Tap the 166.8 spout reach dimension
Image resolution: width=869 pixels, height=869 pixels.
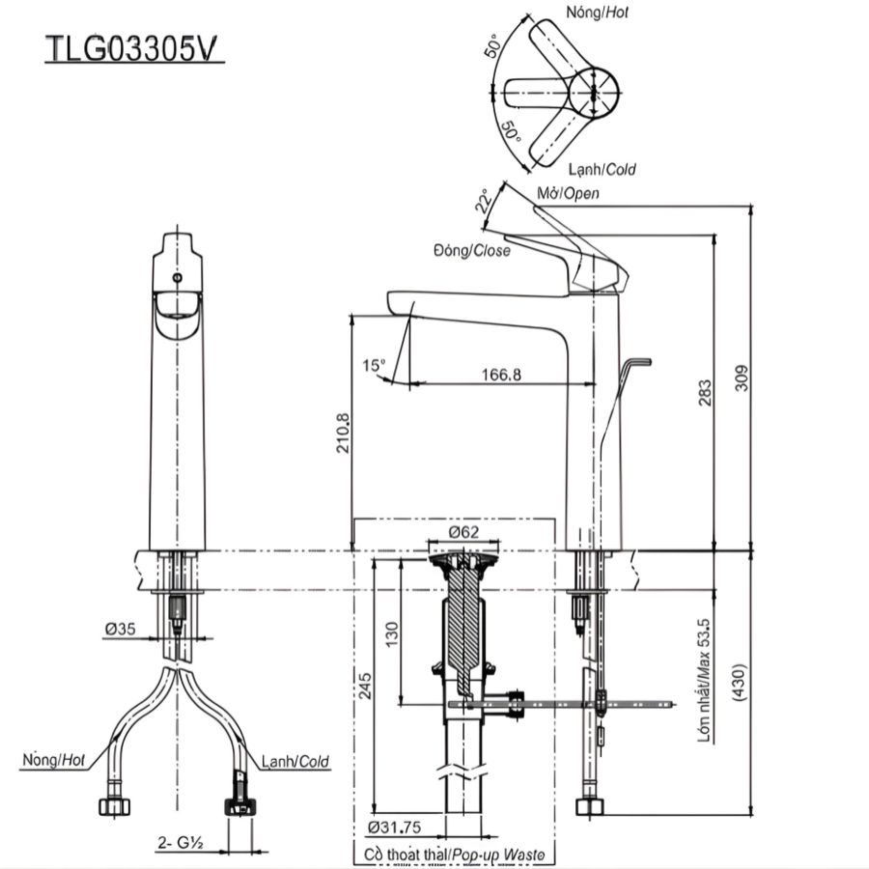pyautogui.click(x=497, y=374)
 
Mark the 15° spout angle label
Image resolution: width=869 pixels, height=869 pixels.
pyautogui.click(x=374, y=365)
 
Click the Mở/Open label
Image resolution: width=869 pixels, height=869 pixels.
pyautogui.click(x=568, y=194)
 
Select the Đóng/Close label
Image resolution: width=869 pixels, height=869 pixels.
pyautogui.click(x=471, y=251)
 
